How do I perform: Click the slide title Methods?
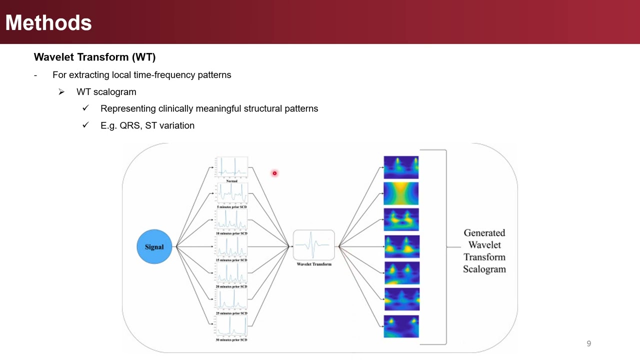pos(48,23)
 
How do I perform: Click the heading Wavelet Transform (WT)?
pos(94,57)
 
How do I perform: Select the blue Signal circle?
pos(154,246)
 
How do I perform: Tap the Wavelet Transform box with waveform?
pos(313,245)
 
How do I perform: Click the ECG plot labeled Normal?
pos(231,167)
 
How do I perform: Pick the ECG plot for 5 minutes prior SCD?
pos(231,193)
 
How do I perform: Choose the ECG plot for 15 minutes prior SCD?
pos(231,246)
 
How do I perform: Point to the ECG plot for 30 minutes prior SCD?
pos(231,326)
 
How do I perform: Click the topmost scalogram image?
pos(401,167)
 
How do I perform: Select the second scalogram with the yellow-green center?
pos(401,193)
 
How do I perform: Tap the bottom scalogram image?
pos(401,326)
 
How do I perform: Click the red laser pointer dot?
pos(274,173)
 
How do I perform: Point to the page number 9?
pos(588,343)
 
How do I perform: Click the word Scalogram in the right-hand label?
pos(484,269)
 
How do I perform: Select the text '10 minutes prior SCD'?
pos(231,233)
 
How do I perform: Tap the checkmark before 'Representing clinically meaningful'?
pos(85,108)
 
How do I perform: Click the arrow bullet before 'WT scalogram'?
pos(61,92)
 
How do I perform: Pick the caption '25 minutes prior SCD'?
pos(231,313)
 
